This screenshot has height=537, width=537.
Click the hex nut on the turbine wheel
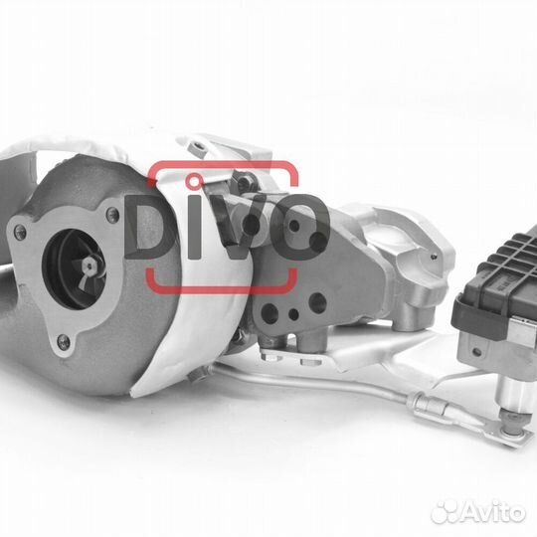(89, 266)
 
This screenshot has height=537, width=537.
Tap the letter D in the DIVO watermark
(148, 227)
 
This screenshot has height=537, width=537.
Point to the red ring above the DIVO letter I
(194, 182)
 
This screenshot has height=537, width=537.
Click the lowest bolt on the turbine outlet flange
(64, 341)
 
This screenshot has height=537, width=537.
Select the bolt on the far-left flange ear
(20, 232)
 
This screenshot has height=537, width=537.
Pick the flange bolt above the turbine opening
(112, 215)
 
